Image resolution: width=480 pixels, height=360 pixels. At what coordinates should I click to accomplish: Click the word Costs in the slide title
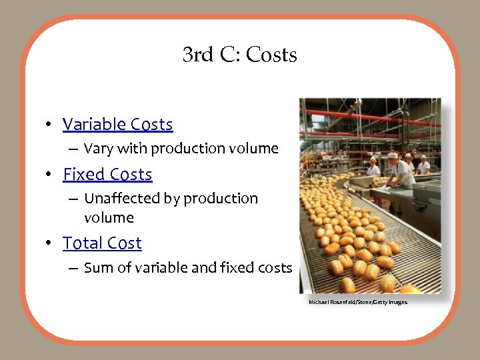pos(271,55)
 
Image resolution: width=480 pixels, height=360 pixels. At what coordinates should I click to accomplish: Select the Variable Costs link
pos(117,125)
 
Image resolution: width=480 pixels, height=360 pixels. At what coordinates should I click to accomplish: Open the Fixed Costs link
pos(107,175)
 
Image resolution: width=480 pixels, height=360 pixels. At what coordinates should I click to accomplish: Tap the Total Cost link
pos(102,243)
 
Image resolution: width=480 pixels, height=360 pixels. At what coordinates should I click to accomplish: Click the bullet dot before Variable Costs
pos(49,125)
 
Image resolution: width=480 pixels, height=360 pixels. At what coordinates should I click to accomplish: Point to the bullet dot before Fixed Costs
pos(49,175)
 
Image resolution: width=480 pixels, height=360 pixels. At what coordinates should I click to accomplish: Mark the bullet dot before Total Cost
pos(49,244)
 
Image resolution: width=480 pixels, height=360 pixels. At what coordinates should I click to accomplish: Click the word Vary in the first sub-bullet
pos(98,149)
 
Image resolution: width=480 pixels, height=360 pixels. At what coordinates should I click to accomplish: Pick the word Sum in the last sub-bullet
pos(97,268)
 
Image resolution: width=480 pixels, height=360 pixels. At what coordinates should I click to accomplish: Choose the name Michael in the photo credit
pos(318,303)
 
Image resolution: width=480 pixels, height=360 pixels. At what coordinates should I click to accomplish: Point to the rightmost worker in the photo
pos(423,165)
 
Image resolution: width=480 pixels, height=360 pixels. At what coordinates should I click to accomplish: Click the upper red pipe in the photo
pos(373,115)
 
